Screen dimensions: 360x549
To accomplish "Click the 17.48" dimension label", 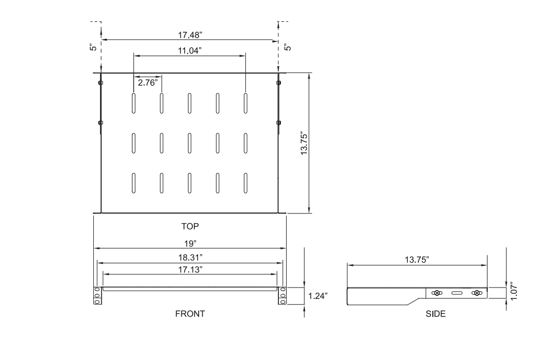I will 189,34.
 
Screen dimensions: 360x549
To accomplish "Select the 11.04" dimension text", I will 189,50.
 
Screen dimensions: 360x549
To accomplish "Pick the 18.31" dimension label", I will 189,256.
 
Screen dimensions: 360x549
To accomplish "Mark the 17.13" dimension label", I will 189,269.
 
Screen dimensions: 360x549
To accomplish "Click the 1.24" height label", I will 318,296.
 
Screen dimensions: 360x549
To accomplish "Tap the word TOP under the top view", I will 190,226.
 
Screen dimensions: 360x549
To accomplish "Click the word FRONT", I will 190,313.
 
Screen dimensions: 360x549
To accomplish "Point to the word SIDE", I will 435,313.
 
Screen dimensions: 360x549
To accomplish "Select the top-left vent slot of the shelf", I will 134,102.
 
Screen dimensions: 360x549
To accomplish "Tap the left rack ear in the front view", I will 96,295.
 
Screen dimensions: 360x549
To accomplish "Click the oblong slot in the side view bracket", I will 457,293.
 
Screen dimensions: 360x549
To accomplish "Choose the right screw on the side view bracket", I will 476,293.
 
